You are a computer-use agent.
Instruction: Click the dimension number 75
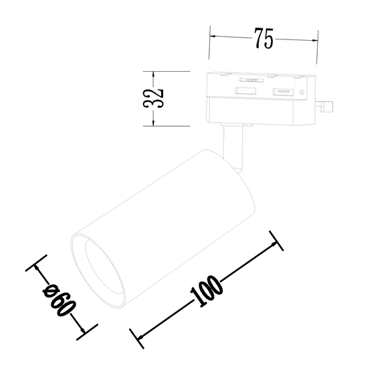[x=263, y=39]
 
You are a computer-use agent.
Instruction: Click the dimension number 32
[x=153, y=98]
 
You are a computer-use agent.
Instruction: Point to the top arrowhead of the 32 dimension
[x=153, y=74]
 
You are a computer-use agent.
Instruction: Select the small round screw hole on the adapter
[x=301, y=93]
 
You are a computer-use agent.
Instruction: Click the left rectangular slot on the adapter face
[x=246, y=90]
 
